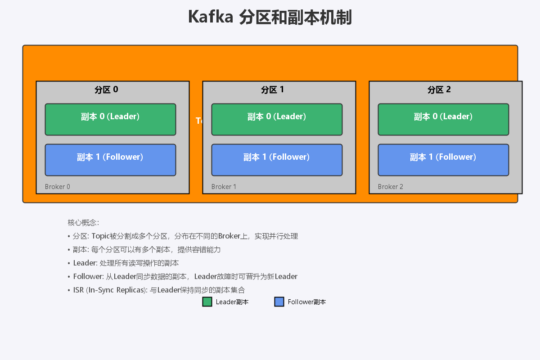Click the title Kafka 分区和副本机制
tap(270, 18)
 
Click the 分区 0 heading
tap(106, 90)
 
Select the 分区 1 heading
tap(273, 90)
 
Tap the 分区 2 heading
tap(439, 90)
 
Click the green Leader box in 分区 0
tap(110, 119)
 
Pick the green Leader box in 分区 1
tap(277, 119)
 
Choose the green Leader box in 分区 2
tap(443, 119)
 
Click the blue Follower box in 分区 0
tap(110, 160)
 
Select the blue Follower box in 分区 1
tap(277, 160)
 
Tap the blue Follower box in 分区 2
tap(443, 160)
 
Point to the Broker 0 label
tap(58, 187)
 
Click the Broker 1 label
tap(224, 187)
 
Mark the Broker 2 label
tap(391, 187)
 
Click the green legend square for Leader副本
tap(207, 302)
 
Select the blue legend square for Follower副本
tap(279, 302)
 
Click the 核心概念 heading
tap(83, 223)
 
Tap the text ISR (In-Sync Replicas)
tap(110, 290)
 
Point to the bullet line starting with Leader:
tap(126, 263)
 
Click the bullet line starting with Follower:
tap(184, 276)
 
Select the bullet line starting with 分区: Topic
tap(184, 236)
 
